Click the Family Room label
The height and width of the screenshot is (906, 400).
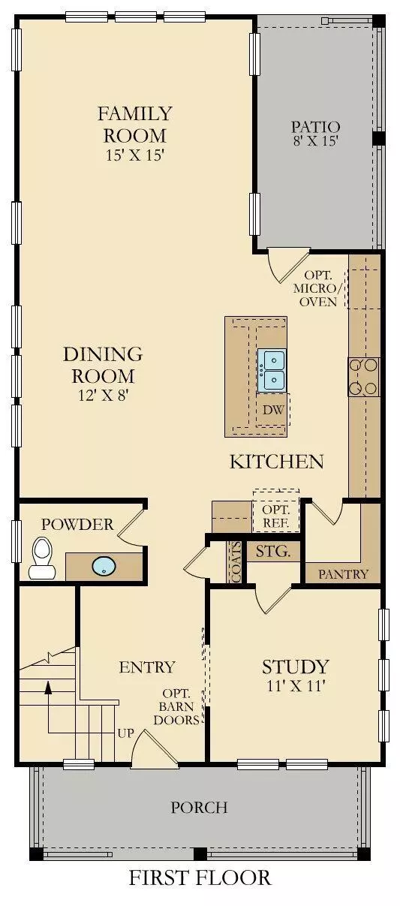click(x=134, y=125)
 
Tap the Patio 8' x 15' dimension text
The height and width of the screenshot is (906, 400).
click(x=315, y=140)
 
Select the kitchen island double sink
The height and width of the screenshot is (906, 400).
click(x=272, y=370)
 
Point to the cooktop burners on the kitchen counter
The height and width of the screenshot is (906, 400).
click(x=363, y=377)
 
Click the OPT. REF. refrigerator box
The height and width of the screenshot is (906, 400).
click(x=275, y=513)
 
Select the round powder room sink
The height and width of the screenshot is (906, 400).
click(x=104, y=566)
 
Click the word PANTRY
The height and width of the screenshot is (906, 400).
click(x=343, y=574)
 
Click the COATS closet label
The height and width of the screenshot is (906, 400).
click(x=236, y=562)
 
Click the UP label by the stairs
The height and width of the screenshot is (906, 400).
click(x=125, y=732)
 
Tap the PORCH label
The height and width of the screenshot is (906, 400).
click(x=199, y=808)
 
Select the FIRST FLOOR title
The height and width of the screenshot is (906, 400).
click(x=200, y=877)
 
